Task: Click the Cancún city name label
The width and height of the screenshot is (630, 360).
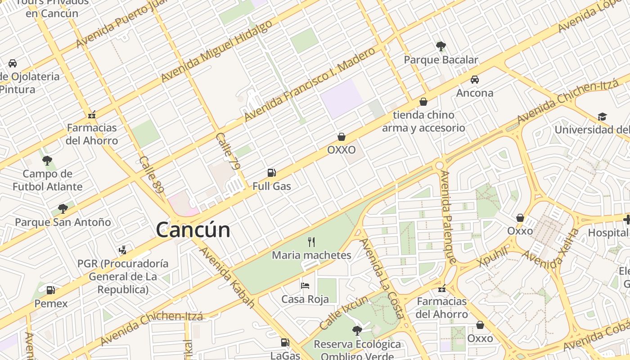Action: coord(193,230)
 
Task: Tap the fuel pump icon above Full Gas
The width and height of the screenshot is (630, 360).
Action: coord(271,173)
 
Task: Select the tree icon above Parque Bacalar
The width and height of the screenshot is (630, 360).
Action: coord(441,46)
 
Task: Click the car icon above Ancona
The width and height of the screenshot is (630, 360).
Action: coord(474,80)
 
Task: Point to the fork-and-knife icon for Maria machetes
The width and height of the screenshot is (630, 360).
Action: coord(311,242)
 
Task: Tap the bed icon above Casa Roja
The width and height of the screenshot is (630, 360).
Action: coord(305,286)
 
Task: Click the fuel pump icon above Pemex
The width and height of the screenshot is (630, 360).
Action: coord(51,290)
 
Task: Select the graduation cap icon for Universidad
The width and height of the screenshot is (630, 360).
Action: coord(602,117)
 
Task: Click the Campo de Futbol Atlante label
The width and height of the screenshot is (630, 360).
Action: coord(48,180)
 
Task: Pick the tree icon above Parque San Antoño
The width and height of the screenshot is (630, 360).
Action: coord(63,208)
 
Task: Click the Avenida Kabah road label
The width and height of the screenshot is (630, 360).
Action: coord(227,277)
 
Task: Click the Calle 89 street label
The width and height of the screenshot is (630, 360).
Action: coord(152,175)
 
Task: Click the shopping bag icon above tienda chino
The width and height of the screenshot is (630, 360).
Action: coord(423,102)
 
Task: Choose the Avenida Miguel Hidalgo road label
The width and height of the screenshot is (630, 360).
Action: coord(216,51)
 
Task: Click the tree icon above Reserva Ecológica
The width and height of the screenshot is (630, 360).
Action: coord(357,331)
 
